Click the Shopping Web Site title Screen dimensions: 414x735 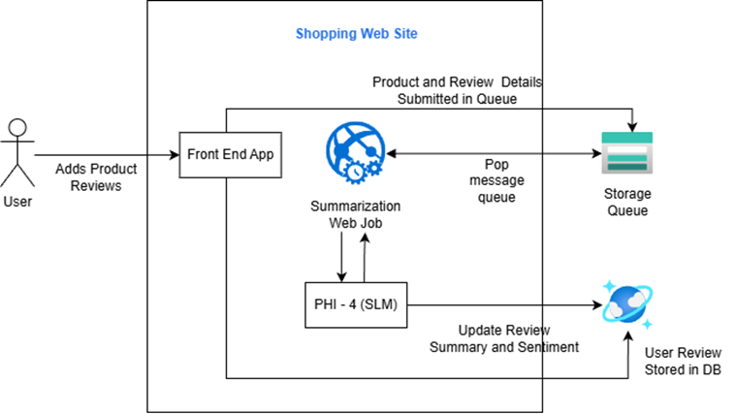(356, 34)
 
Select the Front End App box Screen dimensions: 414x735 (231, 155)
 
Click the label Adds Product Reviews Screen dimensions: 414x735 (96, 176)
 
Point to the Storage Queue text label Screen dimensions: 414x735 (626, 202)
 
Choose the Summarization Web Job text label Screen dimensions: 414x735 (355, 215)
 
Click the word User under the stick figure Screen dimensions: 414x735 (17, 203)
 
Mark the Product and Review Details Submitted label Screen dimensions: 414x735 (457, 89)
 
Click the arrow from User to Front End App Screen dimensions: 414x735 (107, 154)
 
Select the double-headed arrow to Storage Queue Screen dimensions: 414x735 (490, 154)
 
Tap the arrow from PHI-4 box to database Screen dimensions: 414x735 (504, 305)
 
